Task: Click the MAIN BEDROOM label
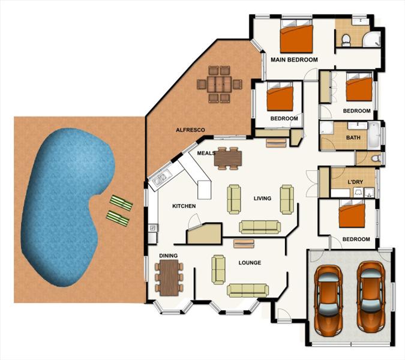pos(294,59)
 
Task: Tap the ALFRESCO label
pos(190,130)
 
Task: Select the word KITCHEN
pos(184,206)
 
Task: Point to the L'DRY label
pos(355,182)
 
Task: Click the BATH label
pos(353,137)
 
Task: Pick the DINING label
pos(168,256)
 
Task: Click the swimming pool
pos(68,206)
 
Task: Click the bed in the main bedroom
pos(296,35)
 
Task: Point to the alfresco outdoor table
pos(219,85)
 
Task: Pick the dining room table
pos(169,278)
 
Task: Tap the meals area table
pos(227,158)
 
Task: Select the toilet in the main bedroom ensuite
pos(346,40)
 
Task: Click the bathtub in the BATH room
pos(374,135)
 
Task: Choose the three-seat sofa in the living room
pos(260,227)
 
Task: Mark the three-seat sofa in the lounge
pos(248,290)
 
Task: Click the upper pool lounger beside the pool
pos(121,203)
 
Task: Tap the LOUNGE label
pos(250,263)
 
